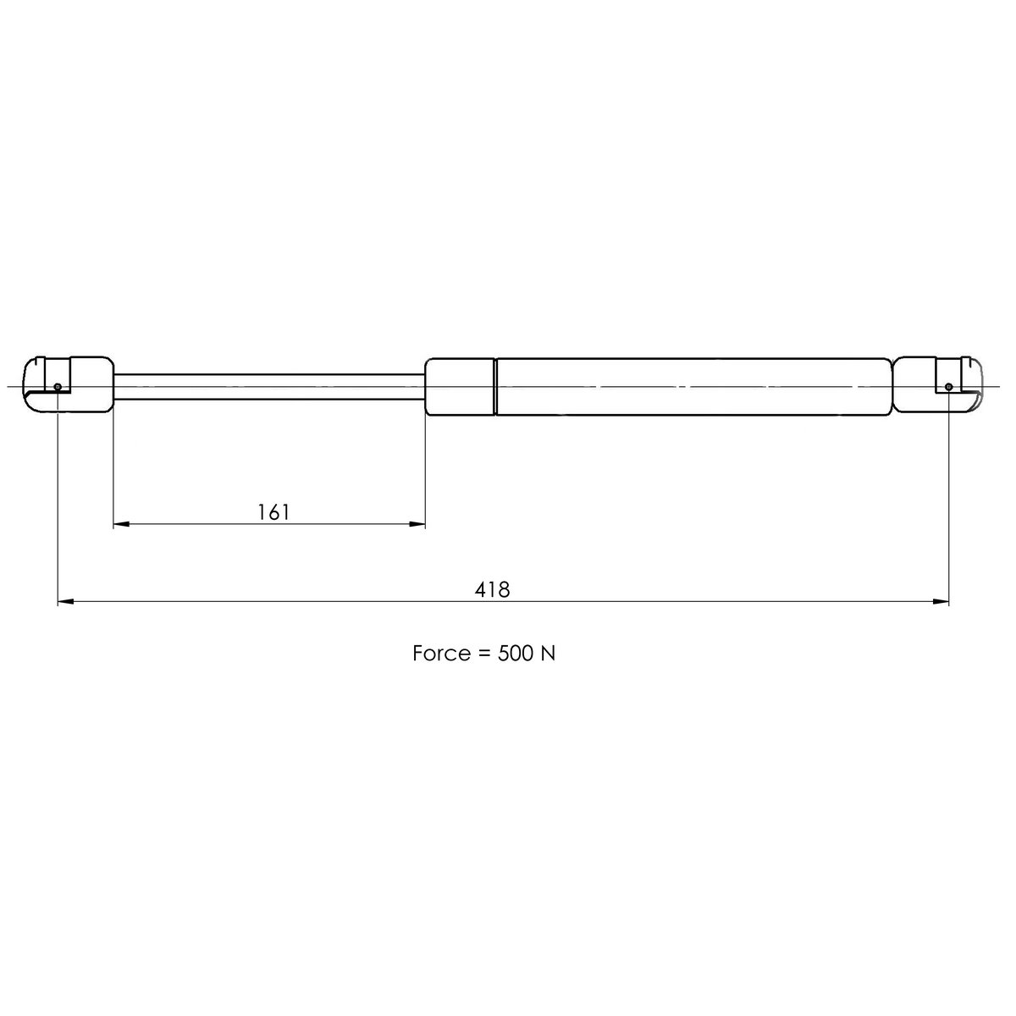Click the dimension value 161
coord(273,512)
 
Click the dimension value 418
coord(493,589)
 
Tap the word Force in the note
coord(439,654)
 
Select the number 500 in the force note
coord(512,654)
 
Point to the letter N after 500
coord(548,654)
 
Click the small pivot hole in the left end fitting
coord(57,387)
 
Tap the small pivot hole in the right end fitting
coord(948,387)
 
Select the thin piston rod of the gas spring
coord(269,386)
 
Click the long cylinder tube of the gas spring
coord(694,387)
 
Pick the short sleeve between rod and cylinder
coord(459,387)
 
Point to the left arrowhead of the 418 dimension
coord(64,602)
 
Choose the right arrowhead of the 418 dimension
coord(941,602)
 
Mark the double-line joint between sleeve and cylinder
coord(495,387)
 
